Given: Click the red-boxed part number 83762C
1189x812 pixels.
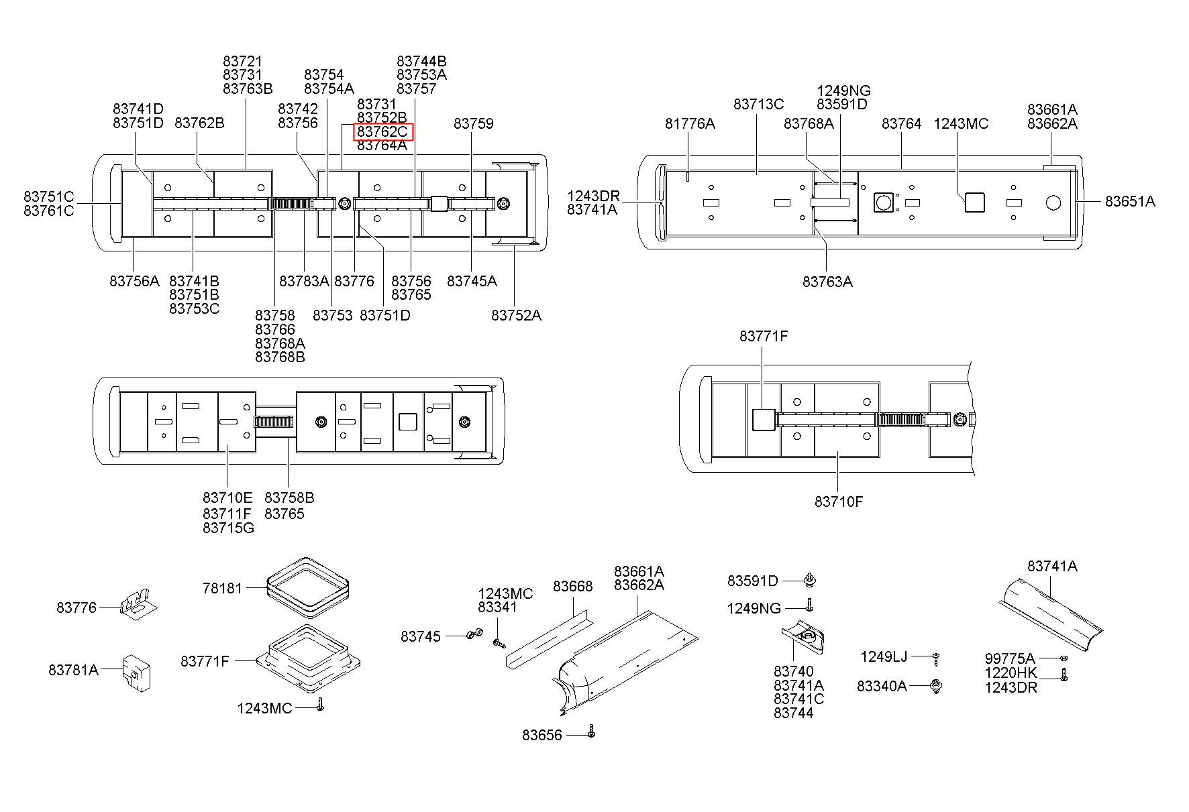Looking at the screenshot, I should tap(383, 131).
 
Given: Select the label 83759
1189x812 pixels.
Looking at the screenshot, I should tap(473, 123).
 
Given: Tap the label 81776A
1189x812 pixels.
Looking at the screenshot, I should tap(690, 123).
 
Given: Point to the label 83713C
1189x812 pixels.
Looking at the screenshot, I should tap(758, 104).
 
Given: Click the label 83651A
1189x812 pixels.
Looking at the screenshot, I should tap(1130, 201).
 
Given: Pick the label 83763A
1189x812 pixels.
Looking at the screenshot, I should tap(827, 282).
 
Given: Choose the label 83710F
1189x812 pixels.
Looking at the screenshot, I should tap(839, 502).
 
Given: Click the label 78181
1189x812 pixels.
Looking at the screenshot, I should tap(222, 588).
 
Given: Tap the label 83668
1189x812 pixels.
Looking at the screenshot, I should tap(572, 586).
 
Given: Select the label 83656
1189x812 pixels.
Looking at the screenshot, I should tap(542, 736).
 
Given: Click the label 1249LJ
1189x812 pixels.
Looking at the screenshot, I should tap(884, 656).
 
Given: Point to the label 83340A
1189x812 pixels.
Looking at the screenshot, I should tap(882, 686).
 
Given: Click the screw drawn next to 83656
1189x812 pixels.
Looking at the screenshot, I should tap(590, 731).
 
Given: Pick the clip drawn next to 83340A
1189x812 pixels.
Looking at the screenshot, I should tap(937, 686).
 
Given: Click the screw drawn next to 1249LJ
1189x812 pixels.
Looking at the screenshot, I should tap(936, 658).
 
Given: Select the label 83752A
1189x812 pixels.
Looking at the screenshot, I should tap(515, 315).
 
